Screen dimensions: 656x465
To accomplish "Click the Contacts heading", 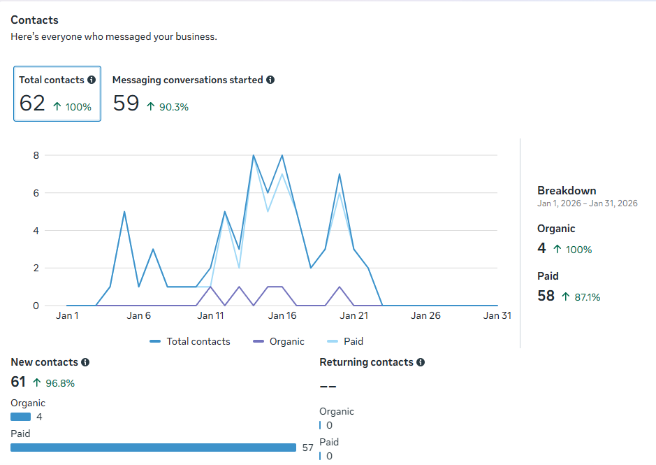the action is (x=34, y=20).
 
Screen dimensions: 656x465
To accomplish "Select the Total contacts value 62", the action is (x=32, y=103).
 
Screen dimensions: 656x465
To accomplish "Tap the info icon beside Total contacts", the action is (x=92, y=80).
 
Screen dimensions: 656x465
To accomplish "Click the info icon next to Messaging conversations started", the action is (x=270, y=80).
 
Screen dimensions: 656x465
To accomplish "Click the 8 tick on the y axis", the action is (x=36, y=155).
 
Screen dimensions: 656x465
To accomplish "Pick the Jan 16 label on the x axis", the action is (x=282, y=315).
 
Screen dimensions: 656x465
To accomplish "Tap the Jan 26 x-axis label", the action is (x=425, y=315).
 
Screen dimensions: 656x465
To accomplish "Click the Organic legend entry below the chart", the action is (x=279, y=341).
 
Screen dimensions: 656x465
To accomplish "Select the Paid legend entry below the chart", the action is (x=344, y=341).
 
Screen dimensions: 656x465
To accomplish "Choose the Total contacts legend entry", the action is (x=190, y=341).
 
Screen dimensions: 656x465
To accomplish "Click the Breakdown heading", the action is (x=567, y=191).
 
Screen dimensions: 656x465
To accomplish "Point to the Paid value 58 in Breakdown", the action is (x=546, y=296).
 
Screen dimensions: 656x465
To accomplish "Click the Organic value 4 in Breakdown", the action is (x=542, y=248).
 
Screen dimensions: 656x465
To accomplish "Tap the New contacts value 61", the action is (x=18, y=382).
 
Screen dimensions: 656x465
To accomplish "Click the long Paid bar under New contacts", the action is (x=153, y=448).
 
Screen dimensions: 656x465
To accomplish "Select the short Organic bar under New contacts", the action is (x=20, y=417).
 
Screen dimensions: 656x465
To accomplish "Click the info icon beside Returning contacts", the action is (x=421, y=362).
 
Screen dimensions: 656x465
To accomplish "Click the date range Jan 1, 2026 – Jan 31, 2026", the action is (x=588, y=203).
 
